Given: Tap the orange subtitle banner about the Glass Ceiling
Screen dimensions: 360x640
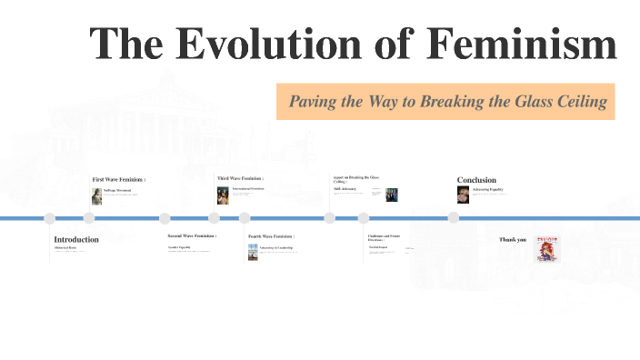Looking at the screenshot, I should tap(445, 101).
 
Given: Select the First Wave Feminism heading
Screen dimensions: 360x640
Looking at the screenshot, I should tap(119, 179).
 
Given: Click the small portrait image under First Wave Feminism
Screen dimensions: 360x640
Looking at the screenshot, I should tap(96, 195).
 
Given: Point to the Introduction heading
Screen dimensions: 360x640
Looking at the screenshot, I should tap(76, 239).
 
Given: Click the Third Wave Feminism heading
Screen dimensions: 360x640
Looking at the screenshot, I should tap(240, 178).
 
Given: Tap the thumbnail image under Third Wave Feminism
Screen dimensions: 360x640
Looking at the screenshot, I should tap(223, 195).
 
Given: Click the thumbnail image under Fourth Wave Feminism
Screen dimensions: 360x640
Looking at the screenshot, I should tap(254, 251).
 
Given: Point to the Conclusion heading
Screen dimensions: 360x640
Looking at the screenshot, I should tap(476, 180).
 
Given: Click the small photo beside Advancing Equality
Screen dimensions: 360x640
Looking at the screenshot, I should tap(463, 195).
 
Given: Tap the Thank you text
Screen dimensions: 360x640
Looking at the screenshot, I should tap(513, 240).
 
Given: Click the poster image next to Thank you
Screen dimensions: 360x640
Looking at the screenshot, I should tap(547, 247).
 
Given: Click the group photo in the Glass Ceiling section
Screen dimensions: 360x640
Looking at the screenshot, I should tap(392, 195).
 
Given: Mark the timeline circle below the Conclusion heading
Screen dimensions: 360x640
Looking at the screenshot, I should tap(454, 218).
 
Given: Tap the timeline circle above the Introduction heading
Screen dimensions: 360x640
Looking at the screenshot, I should tap(50, 218).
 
